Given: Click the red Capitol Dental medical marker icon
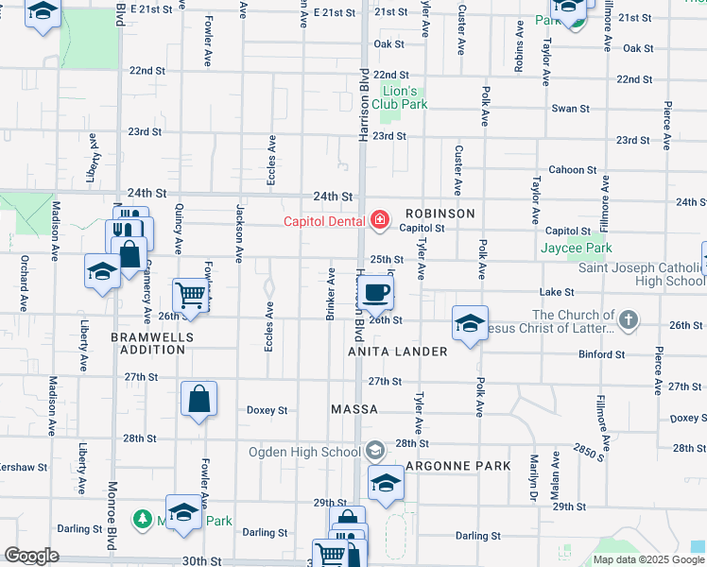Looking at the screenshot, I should tap(380, 220).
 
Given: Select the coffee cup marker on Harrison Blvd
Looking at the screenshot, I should tap(376, 291).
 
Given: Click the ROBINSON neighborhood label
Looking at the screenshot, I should tap(440, 214).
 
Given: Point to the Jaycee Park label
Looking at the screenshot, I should tap(577, 249).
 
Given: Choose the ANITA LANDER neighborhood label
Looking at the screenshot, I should tap(397, 352).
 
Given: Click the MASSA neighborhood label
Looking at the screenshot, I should tap(354, 410).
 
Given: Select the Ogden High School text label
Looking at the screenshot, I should tap(303, 451).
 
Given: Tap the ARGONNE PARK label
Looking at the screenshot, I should tap(457, 466).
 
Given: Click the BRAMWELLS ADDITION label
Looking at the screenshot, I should tap(152, 343).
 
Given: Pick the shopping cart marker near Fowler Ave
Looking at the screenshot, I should tap(191, 295).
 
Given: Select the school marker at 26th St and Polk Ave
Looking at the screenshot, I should tap(470, 323).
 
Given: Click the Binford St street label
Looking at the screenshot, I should tap(601, 355).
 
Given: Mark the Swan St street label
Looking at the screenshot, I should tap(571, 109).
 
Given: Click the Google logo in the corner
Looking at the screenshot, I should tap(32, 556).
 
